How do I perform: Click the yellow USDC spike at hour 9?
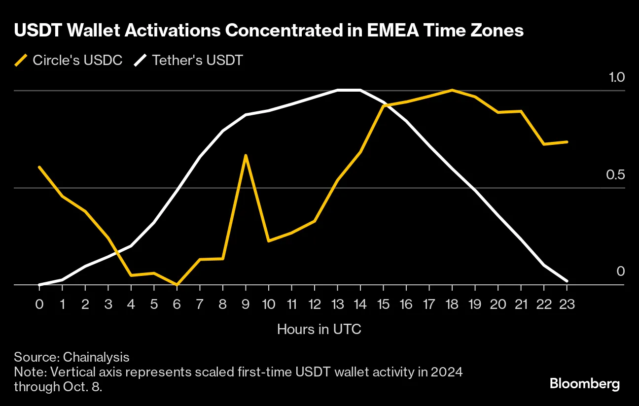[246, 156]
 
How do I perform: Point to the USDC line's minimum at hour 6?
[177, 284]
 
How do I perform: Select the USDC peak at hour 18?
[452, 90]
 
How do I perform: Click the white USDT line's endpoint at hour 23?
[567, 281]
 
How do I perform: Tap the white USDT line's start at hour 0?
[39, 284]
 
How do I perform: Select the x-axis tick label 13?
[337, 304]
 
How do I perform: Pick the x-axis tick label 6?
[177, 304]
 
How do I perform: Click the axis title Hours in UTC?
[319, 329]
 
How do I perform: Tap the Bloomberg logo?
[584, 383]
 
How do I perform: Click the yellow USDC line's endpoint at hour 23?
[567, 142]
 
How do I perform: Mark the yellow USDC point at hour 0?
[39, 167]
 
